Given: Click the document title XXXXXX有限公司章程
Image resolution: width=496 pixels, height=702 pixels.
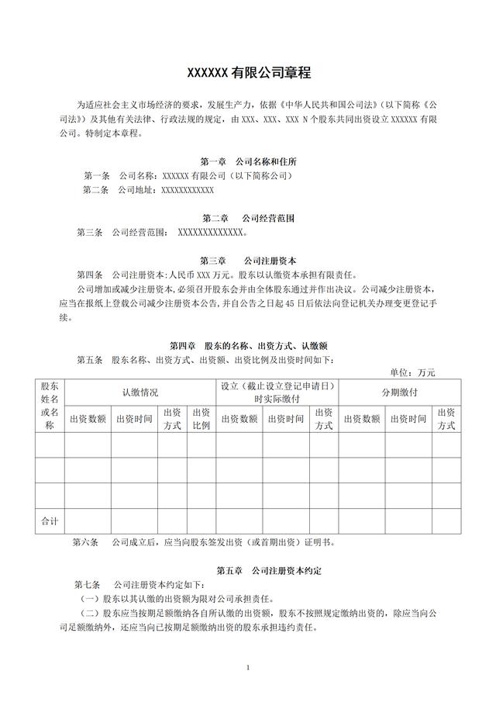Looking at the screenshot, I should (x=248, y=74).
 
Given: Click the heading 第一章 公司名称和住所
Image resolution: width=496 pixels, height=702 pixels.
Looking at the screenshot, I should (x=248, y=162).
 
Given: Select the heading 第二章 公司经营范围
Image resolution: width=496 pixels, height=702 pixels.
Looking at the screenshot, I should (x=248, y=218).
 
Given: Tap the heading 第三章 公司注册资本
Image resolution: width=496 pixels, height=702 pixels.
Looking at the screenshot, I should (x=248, y=261).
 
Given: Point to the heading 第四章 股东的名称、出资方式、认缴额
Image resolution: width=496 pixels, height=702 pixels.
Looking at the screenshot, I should (x=248, y=345).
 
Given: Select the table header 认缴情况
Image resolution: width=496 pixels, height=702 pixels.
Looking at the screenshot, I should (x=139, y=392).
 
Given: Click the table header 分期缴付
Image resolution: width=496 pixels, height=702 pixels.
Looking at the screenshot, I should (x=399, y=392).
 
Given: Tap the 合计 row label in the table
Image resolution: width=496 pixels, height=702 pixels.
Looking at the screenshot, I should (x=50, y=521).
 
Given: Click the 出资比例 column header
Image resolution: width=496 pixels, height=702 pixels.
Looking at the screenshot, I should (x=201, y=419).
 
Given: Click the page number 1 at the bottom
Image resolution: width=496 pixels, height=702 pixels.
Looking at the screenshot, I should (x=247, y=667).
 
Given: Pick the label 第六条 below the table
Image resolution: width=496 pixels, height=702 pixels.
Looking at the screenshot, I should (x=87, y=542).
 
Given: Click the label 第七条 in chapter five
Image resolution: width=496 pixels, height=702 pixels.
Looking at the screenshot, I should (x=88, y=584).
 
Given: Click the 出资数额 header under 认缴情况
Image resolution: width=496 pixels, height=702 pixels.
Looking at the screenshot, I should (x=88, y=419).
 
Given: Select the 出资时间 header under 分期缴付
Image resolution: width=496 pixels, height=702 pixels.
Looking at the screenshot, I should (x=409, y=419).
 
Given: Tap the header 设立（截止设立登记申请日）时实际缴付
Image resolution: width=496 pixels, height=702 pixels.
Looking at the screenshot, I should (x=277, y=392).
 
